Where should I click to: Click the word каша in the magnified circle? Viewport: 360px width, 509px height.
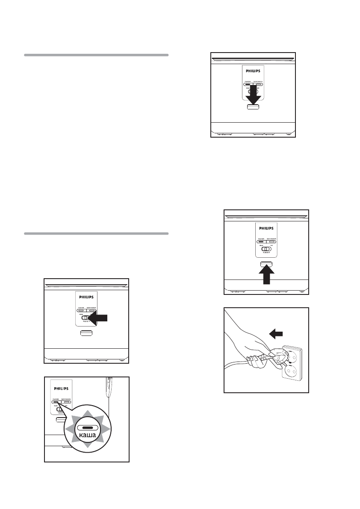click(x=86, y=436)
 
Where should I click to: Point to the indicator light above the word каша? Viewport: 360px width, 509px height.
click(x=86, y=427)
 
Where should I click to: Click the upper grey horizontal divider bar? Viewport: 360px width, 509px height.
click(x=96, y=55)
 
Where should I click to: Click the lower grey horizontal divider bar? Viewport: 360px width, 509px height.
click(x=96, y=234)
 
